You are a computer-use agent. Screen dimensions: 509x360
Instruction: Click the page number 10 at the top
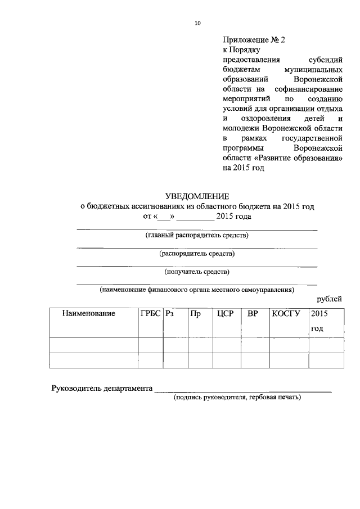pos(197,23)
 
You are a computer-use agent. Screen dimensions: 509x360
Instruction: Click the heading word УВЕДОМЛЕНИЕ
pos(197,196)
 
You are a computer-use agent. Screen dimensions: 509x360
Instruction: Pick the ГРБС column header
pos(150,314)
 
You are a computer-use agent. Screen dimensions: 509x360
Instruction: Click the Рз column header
pos(169,314)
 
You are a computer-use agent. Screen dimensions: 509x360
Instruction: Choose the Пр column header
pos(196,314)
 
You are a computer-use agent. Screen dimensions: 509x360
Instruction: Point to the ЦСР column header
pos(226,314)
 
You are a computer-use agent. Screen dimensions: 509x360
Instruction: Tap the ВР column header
pos(253,314)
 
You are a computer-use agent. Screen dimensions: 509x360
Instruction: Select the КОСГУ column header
pos(286,314)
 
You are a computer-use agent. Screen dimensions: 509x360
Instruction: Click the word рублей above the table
pos(329,299)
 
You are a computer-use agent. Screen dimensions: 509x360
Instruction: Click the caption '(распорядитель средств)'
pos(197,254)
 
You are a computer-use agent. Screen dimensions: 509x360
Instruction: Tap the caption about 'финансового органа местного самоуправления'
pos(197,290)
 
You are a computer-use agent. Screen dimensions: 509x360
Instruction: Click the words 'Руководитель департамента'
pos(102,388)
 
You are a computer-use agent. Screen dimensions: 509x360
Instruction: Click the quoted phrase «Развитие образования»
pos(309,158)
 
